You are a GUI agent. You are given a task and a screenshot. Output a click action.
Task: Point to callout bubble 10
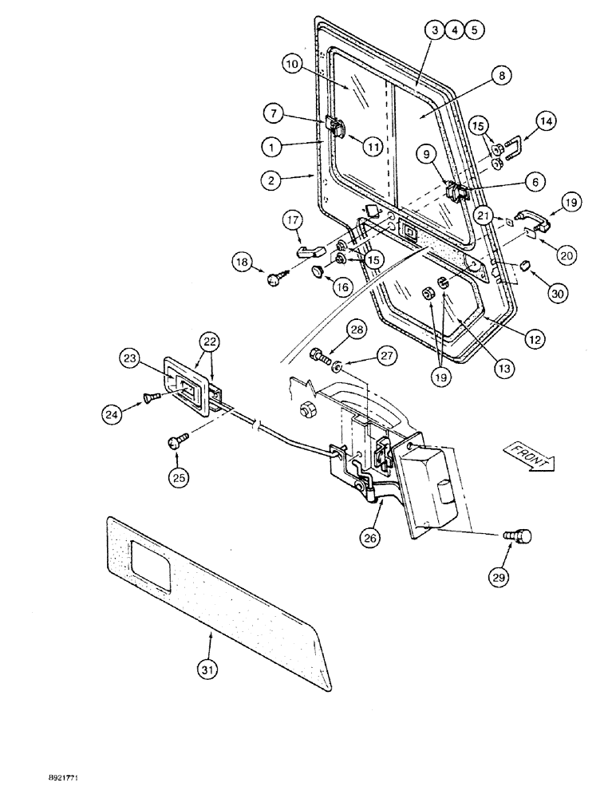click(293, 63)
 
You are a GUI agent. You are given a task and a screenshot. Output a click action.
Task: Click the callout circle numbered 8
click(500, 77)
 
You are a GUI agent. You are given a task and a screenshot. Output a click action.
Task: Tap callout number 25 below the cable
click(179, 477)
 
